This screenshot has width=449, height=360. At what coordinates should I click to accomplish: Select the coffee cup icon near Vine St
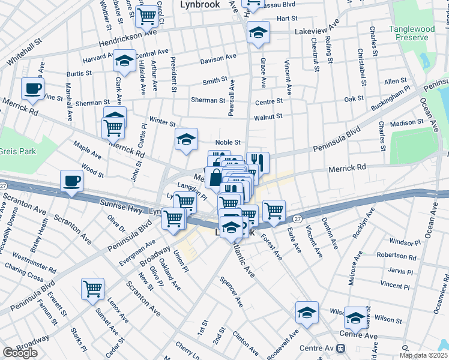(32, 89)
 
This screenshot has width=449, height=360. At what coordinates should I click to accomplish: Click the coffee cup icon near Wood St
(71, 181)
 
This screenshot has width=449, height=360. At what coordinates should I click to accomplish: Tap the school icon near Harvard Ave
(124, 61)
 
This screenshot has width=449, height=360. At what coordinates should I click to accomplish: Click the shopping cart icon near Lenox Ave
(93, 289)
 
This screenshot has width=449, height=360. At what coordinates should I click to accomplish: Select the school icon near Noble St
(186, 140)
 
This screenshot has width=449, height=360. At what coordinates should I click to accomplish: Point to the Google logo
(20, 353)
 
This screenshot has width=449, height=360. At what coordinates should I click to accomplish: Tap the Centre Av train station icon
(341, 348)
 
